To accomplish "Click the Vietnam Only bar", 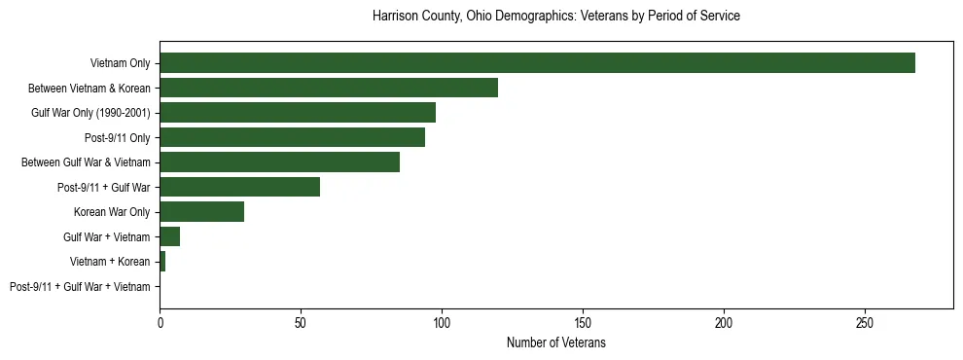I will pos(537,63).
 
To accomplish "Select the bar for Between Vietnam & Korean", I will pos(329,88).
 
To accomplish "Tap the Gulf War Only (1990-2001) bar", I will pos(298,113).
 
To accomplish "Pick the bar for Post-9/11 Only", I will pos(292,137).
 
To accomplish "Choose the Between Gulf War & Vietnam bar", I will pos(279,162).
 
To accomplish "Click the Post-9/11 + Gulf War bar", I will pos(239,187).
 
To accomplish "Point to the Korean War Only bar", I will pos(201,212).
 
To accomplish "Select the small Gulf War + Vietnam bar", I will pos(170,236).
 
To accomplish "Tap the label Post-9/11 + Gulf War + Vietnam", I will pos(80,287).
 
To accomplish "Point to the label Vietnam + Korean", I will pos(110,262).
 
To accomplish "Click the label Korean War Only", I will pos(112,212).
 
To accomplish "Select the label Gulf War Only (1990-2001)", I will pos(90,113).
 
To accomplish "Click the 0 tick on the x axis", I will pos(160,322).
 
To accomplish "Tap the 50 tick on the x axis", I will pos(301,322).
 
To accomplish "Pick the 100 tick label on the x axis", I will pos(442,322).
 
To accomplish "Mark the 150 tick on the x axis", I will pos(583,322).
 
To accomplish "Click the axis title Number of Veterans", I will pos(555,343).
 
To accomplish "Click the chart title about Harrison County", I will pos(555,17).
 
